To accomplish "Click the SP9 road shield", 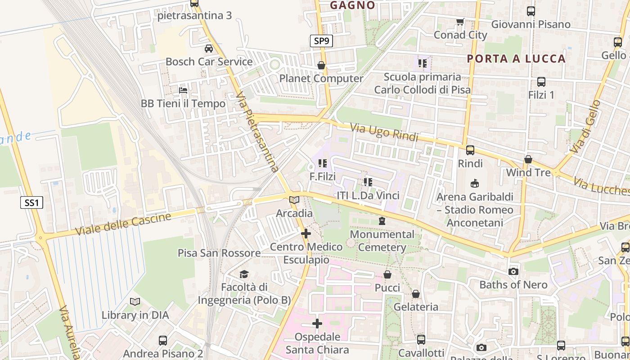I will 322,41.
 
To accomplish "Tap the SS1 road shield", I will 31,202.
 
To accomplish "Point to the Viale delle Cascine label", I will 123,224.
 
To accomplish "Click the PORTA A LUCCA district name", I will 516,58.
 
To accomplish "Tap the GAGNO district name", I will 352,5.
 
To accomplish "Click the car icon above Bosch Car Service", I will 209,49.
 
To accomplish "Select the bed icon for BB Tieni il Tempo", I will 183,90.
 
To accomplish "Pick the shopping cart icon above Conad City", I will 460,22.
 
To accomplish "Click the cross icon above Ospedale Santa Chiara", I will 317,324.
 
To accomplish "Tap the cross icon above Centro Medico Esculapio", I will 306,234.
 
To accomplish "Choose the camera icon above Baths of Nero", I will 513,271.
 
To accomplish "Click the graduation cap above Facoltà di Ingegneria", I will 244,274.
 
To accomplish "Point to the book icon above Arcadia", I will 294,200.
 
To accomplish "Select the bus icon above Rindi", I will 470,150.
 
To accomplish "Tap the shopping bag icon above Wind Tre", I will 528,160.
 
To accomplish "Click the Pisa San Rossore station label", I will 219,253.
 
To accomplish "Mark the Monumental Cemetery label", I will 382,241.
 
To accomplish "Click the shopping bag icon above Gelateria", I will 416,294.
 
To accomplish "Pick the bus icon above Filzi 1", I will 541,82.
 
